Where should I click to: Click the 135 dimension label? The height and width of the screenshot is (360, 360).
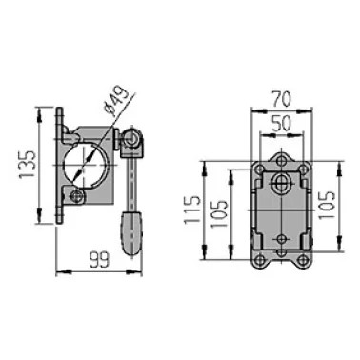point(27,165)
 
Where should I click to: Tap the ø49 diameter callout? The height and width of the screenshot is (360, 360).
point(117,101)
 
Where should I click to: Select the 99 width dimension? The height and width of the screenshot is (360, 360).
point(99,259)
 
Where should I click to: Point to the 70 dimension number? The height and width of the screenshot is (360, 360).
point(281,99)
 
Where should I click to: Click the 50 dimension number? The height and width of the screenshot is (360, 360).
point(281,124)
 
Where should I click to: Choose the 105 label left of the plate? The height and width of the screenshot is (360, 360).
point(219,213)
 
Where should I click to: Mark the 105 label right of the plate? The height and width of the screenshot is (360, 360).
point(326,205)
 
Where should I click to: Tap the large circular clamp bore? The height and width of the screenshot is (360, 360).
point(86,165)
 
